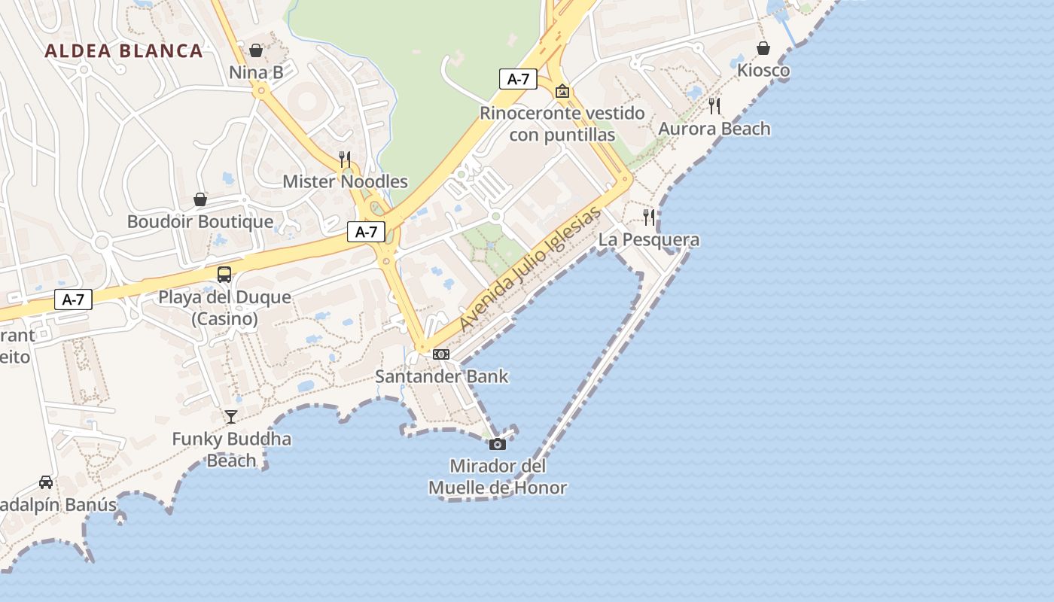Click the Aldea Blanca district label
point(123,51)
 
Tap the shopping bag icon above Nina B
point(256,50)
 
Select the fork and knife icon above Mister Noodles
point(345,159)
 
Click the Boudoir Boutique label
point(200,222)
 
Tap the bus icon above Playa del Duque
point(224,275)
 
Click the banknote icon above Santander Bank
point(441,354)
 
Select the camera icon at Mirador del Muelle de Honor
point(498,444)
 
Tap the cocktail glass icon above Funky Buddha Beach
point(231,416)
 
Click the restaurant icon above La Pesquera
point(648,217)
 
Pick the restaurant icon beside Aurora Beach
point(714,106)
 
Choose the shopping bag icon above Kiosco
point(763,48)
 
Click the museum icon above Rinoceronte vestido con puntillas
point(562,91)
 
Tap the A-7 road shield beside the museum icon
point(518,78)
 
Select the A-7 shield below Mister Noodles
point(366,232)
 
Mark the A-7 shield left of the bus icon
point(73,299)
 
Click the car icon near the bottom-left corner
point(46,482)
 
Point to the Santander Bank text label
point(442,376)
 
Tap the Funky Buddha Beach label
point(231,449)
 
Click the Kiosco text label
point(763,71)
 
